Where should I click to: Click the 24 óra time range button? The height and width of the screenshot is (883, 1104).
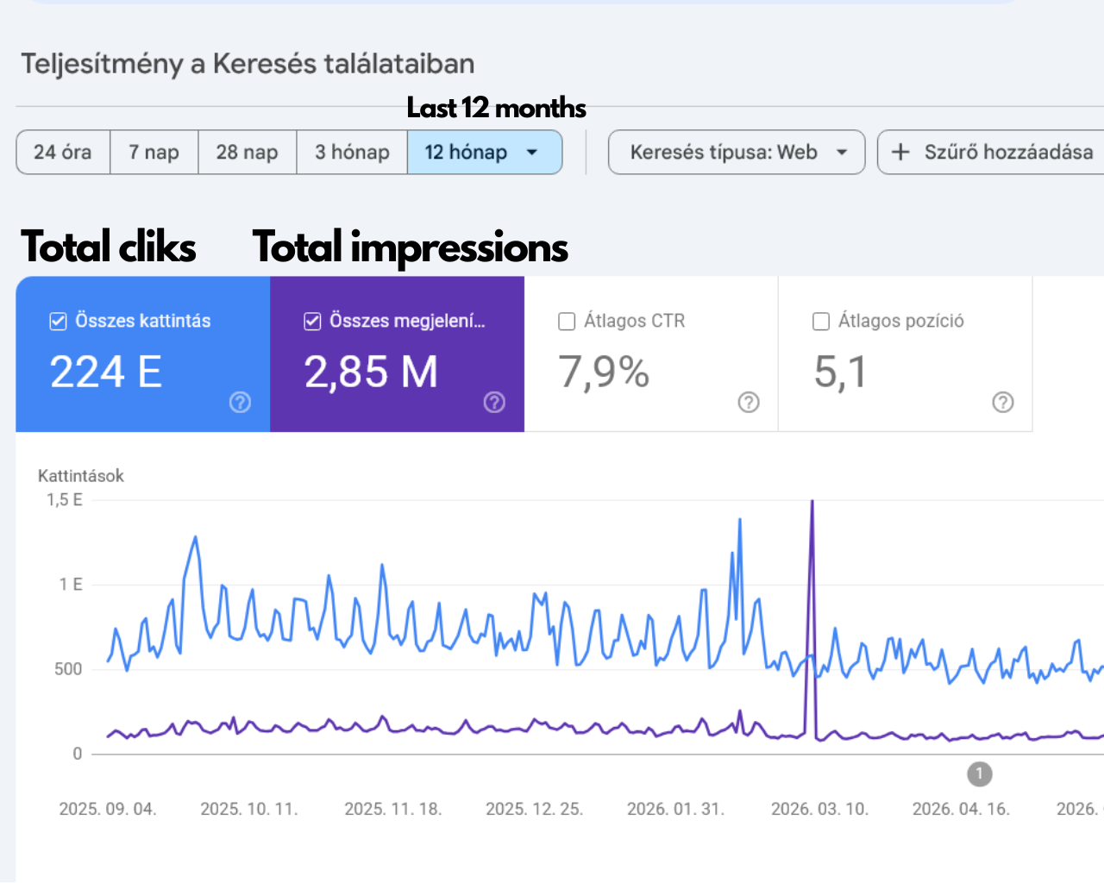click(63, 153)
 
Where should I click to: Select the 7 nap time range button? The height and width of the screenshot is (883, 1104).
click(154, 153)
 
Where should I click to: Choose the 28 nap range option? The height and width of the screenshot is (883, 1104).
click(248, 153)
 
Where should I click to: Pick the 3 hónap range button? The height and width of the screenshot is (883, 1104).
click(352, 153)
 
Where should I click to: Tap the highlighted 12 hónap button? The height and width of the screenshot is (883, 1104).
click(485, 153)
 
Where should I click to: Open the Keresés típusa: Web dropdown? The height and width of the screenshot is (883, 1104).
click(737, 153)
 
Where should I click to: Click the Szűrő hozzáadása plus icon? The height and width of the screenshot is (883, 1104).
click(900, 153)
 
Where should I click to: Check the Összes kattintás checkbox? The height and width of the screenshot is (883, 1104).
click(58, 322)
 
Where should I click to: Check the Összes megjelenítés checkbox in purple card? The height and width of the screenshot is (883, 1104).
click(312, 322)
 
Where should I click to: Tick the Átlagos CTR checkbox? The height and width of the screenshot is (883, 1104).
click(567, 322)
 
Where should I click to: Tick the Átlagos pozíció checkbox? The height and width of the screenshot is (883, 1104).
click(821, 322)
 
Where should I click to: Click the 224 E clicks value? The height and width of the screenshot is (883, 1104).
click(106, 372)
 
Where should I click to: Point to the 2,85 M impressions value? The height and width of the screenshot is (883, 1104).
click(371, 372)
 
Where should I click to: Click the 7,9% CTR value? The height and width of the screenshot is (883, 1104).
click(604, 372)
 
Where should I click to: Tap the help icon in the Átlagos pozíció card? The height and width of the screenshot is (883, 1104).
click(1003, 402)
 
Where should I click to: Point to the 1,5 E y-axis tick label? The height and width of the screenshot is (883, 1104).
click(65, 500)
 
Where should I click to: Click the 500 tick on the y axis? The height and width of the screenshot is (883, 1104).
click(68, 669)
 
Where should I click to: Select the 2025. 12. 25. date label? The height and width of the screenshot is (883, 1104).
click(535, 809)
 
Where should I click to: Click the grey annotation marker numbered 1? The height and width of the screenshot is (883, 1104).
click(980, 773)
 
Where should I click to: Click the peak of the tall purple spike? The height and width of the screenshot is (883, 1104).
click(812, 501)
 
